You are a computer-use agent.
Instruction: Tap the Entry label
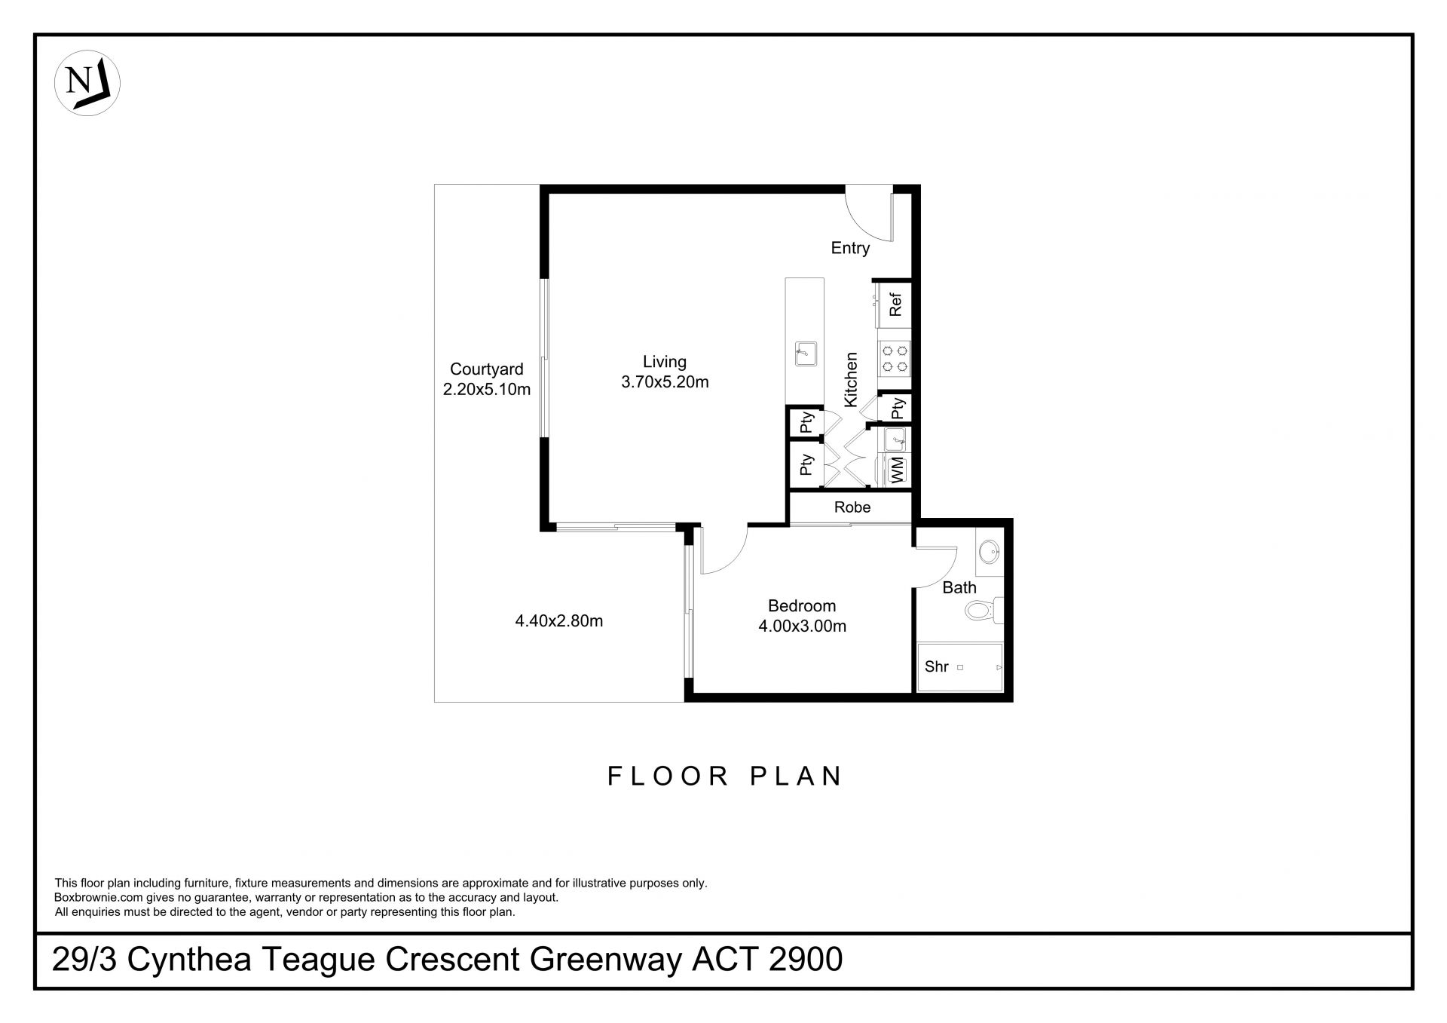(x=850, y=248)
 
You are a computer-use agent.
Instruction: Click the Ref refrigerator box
(x=896, y=305)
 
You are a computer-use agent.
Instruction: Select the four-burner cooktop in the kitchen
(x=895, y=359)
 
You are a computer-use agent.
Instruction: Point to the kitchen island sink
(x=805, y=354)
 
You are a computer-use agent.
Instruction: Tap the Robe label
(x=852, y=507)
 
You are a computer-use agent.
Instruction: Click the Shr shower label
(x=936, y=666)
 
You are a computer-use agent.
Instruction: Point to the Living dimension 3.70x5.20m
(x=665, y=382)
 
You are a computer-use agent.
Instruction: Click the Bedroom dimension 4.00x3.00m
(x=802, y=626)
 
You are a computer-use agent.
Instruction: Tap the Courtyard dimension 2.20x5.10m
(x=487, y=390)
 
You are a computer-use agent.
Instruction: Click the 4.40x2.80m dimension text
(x=559, y=621)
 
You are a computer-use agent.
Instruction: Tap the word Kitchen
(x=851, y=380)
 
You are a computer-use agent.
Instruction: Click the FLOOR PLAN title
(x=725, y=776)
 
